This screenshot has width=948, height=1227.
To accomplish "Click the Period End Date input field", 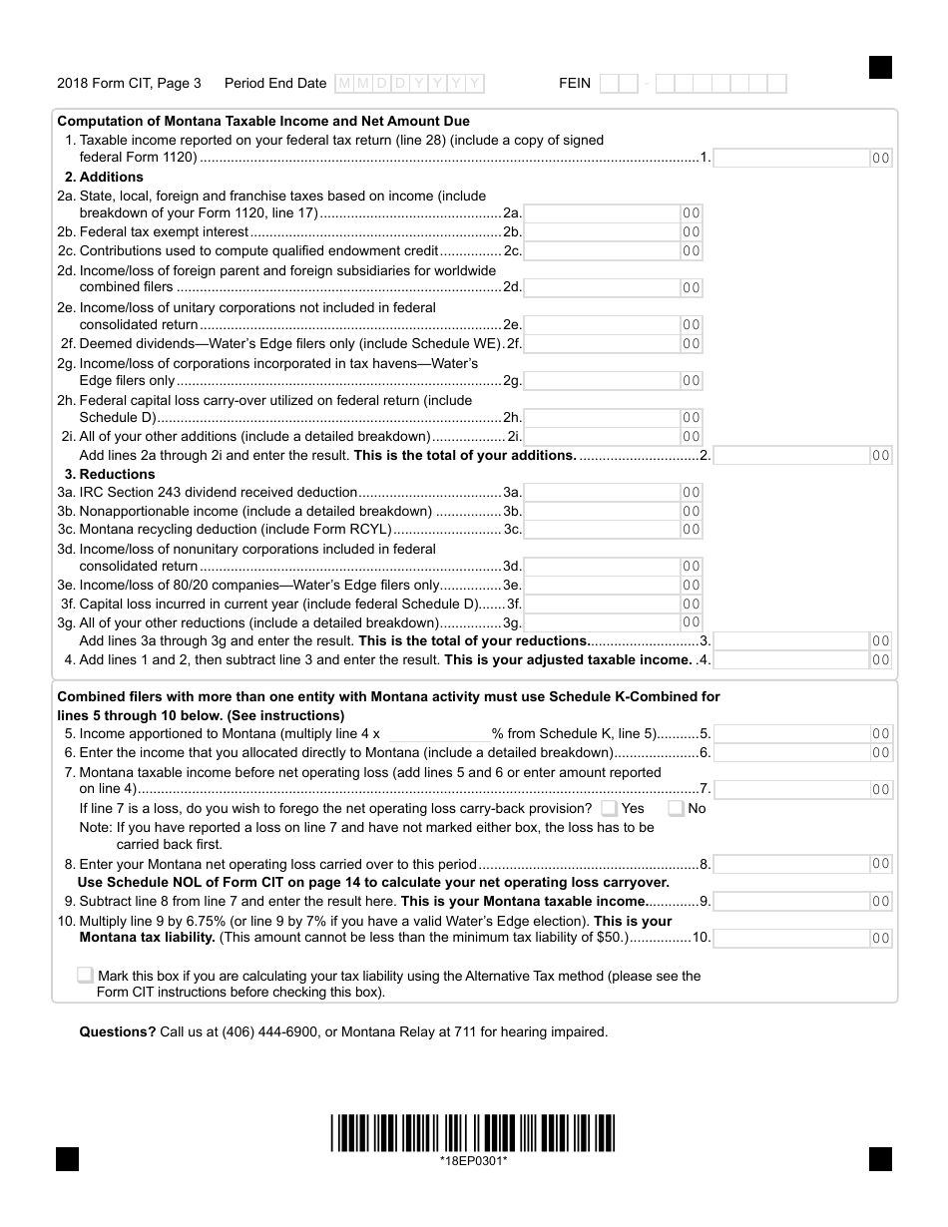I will (409, 84).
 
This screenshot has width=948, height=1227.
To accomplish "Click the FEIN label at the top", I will (575, 84).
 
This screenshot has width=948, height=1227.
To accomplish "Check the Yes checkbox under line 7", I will (610, 809).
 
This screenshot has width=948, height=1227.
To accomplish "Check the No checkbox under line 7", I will (677, 809).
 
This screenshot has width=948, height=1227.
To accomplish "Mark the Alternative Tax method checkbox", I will (86, 976).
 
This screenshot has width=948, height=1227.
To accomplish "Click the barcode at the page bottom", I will (473, 1133).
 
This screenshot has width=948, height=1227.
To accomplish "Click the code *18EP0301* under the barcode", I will (473, 1160).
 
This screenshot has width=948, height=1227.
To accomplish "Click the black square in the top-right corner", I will (880, 67).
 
